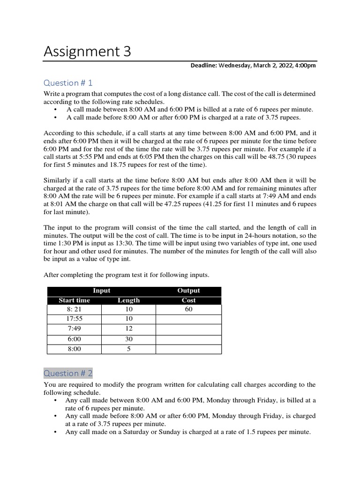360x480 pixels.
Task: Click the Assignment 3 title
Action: [x=87, y=52]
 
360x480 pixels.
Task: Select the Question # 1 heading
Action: [x=68, y=83]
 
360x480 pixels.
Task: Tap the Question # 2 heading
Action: [x=68, y=373]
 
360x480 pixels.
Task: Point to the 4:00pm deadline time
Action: [x=305, y=66]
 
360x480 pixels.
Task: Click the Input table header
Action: [x=101, y=291]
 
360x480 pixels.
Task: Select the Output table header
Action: [x=188, y=291]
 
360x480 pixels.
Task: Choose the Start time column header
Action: [x=74, y=300]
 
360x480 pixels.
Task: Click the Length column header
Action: [x=128, y=300]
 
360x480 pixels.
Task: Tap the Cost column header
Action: [x=188, y=300]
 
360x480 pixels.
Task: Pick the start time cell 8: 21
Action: [x=74, y=309]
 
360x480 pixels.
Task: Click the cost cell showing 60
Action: [x=188, y=309]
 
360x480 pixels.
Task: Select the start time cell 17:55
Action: [x=74, y=319]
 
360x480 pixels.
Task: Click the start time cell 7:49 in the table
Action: [x=74, y=329]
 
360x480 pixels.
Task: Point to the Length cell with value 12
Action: [x=128, y=329]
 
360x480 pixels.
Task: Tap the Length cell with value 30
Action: [x=128, y=339]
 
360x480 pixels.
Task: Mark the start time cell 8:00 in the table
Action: [x=74, y=349]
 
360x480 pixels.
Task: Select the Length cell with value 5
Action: [x=128, y=349]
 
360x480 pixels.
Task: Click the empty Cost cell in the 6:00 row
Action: [x=188, y=339]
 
